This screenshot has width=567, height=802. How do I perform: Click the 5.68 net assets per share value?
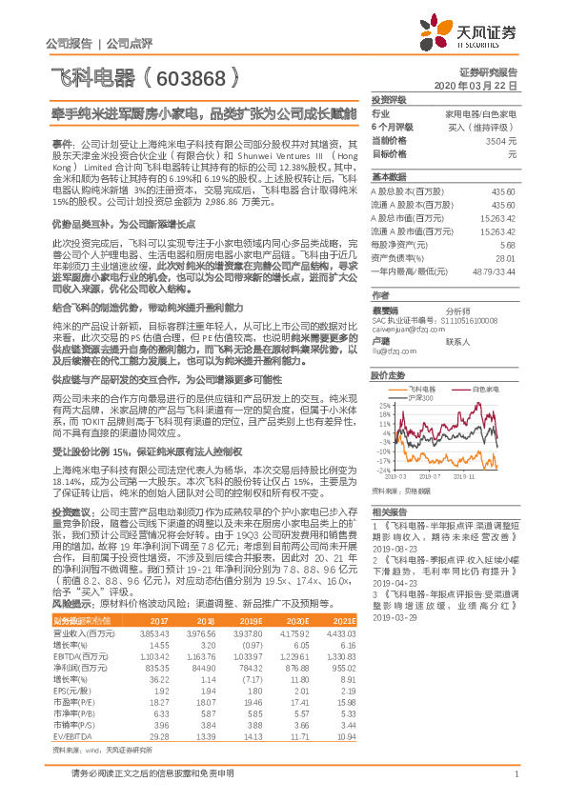(x=508, y=243)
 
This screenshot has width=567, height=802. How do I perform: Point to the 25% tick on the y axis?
(x=383, y=405)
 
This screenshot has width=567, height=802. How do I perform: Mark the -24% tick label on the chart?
(x=382, y=470)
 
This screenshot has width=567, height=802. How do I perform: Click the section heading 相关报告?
(x=389, y=511)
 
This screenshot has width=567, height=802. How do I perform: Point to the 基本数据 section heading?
(x=389, y=177)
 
